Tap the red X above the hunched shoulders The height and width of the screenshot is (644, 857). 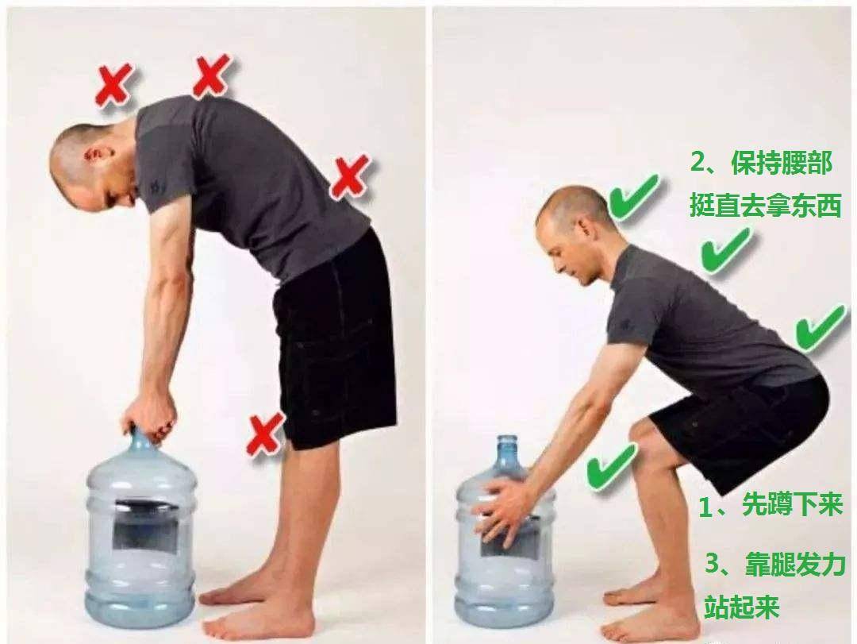coord(212,75)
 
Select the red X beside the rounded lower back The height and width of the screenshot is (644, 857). coord(351,177)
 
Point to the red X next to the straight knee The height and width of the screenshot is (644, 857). coord(266,434)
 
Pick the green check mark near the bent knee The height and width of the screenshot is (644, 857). coord(612,465)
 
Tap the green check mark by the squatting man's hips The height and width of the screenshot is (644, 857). coord(820,327)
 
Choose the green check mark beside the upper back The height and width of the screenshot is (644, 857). coord(726,250)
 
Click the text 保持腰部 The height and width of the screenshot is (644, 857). coord(782,163)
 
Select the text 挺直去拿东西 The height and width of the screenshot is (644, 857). coord(765,205)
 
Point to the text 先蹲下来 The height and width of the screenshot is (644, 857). coord(793,504)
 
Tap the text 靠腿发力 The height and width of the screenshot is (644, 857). coord(796,564)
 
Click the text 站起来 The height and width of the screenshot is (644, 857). coord(741,606)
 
